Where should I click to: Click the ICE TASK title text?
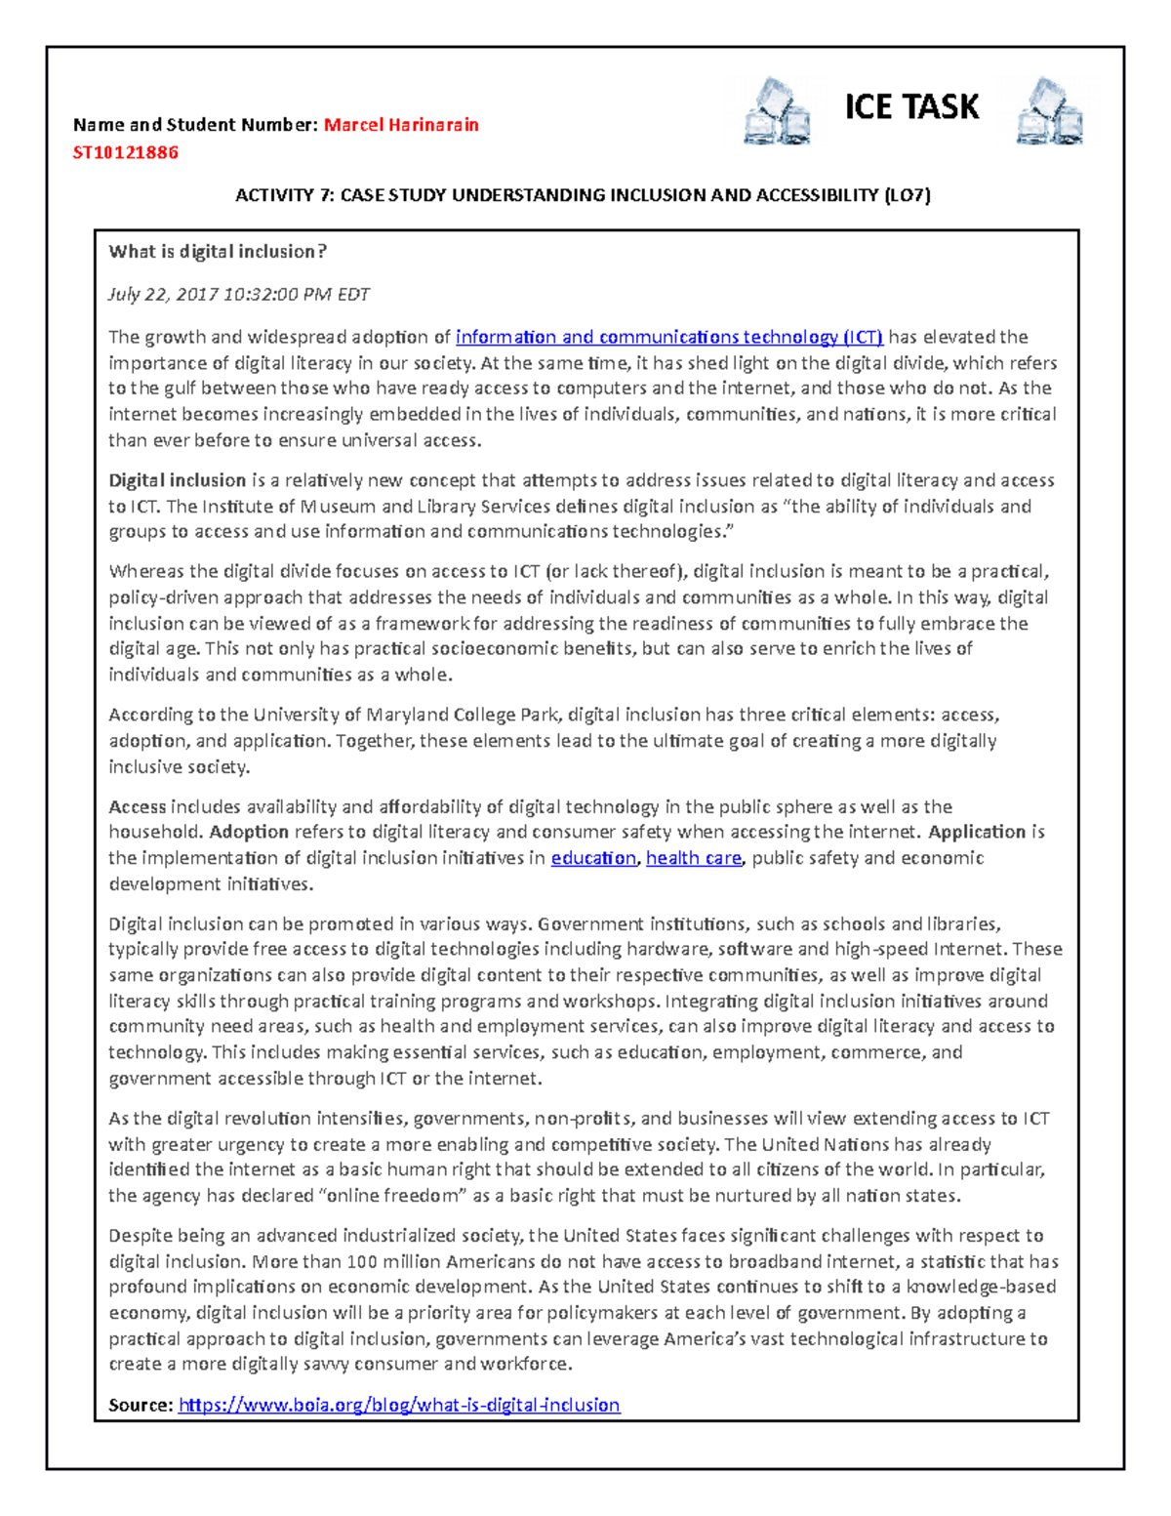pos(910,106)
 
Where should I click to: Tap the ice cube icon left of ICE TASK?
pos(777,111)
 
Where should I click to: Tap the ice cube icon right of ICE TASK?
pos(1049,111)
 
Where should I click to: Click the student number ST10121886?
pos(126,152)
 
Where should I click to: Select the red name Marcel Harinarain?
pos(401,125)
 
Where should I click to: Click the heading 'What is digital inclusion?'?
pos(218,252)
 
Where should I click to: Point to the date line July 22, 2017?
pos(238,294)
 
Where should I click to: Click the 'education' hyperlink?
pos(593,858)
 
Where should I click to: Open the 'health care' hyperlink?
pos(694,858)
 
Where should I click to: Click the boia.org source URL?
pos(399,1405)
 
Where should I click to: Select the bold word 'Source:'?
pos(141,1405)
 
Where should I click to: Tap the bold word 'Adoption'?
pos(249,832)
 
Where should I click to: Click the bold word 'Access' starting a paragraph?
pos(138,806)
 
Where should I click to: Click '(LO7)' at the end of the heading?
pos(907,195)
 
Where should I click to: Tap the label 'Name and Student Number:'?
pos(195,125)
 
